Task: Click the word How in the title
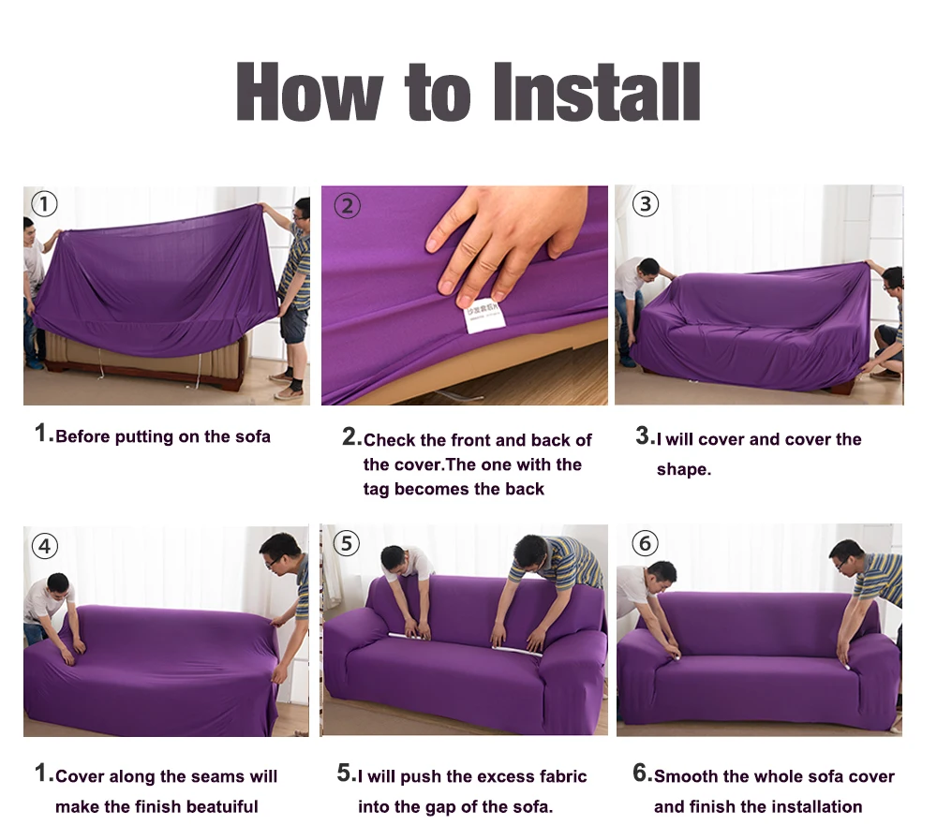[309, 91]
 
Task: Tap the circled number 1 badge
[44, 204]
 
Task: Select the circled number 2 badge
[348, 205]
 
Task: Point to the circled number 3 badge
[645, 204]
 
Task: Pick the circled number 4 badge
[44, 546]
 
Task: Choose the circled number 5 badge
[346, 544]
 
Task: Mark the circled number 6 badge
[645, 543]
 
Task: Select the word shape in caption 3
[683, 469]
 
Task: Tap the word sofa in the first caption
[251, 436]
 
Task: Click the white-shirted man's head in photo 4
[58, 585]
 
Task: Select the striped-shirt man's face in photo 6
[846, 556]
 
